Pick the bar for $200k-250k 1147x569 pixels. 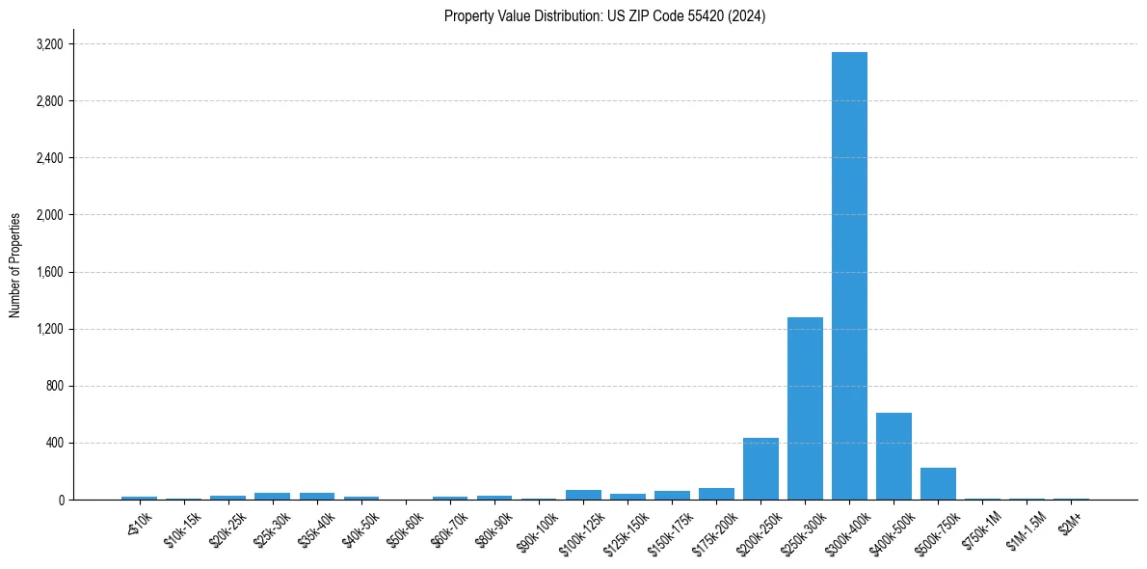click(760, 469)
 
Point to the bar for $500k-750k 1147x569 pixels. click(938, 483)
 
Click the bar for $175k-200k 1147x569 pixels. click(716, 494)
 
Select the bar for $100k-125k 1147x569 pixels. click(583, 495)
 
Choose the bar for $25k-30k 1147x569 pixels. click(272, 496)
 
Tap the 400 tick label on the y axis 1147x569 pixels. click(53, 443)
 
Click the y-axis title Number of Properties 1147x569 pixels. click(15, 264)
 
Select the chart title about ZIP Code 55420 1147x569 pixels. click(604, 16)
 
